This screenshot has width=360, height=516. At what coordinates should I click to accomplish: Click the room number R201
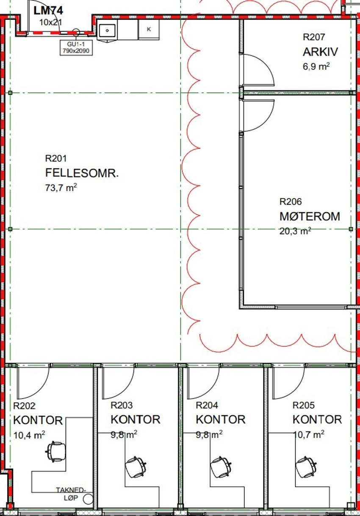56,159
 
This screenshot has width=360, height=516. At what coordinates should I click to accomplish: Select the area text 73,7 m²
61,188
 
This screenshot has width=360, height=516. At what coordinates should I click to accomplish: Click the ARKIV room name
320,52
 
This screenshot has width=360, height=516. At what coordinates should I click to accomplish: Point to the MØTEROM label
310,216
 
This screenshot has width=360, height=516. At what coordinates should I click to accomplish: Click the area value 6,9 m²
316,66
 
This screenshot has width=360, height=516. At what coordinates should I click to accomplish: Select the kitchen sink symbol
108,30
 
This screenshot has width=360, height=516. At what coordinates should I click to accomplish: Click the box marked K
149,29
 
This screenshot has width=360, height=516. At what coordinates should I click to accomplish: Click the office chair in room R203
136,467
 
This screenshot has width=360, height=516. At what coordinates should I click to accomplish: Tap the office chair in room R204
221,467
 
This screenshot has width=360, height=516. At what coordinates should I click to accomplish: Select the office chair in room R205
306,466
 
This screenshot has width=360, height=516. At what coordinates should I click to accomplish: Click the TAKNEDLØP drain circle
88,499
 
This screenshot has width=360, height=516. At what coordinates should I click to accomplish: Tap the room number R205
304,406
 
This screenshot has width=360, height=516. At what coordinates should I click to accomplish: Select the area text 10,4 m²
29,434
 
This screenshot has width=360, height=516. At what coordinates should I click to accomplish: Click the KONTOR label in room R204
220,419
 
